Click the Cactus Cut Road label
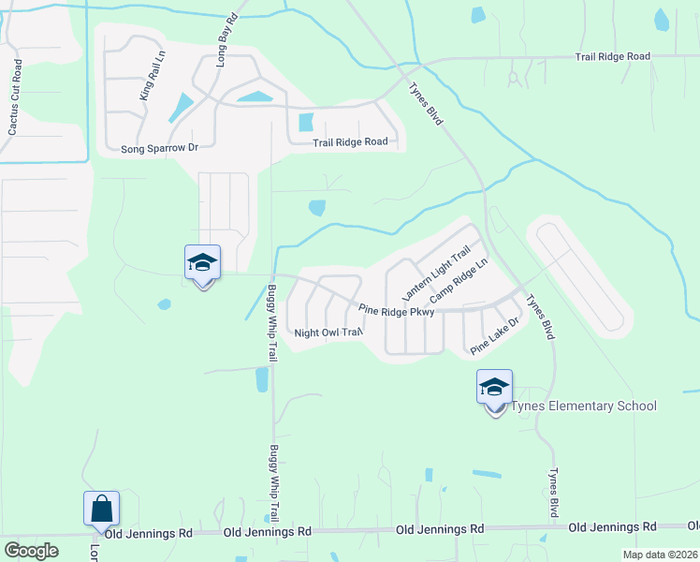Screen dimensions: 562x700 click(x=14, y=97)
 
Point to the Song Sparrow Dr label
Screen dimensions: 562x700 click(x=160, y=148)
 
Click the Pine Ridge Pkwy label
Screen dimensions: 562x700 click(x=397, y=311)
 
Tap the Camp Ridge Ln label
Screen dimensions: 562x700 click(x=459, y=281)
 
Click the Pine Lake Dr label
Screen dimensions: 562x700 click(x=494, y=334)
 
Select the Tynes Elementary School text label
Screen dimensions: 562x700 click(x=583, y=406)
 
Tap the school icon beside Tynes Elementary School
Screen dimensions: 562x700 click(x=494, y=386)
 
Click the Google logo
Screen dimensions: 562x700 click(x=32, y=551)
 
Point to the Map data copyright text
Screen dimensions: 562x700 click(x=660, y=555)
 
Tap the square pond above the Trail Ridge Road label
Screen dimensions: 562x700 click(x=305, y=122)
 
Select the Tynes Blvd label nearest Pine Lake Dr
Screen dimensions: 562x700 click(x=541, y=318)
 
